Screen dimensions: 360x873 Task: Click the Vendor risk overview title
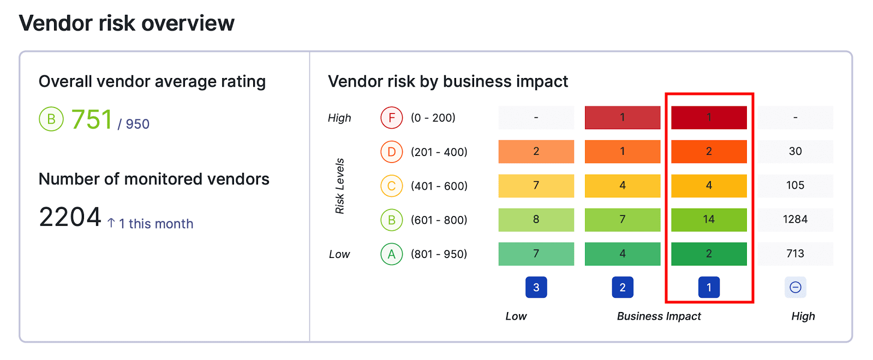tap(127, 23)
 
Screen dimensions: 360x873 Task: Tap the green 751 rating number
tap(92, 119)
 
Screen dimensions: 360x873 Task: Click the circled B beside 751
tap(51, 119)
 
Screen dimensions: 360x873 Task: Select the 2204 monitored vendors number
tap(70, 217)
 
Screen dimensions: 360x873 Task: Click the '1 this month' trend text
tap(156, 224)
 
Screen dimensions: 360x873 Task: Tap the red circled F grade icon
tap(391, 118)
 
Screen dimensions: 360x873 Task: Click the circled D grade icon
tap(391, 152)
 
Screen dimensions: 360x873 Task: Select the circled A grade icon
tap(391, 254)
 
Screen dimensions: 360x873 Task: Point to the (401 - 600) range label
tap(439, 186)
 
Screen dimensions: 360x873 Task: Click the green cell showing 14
tap(709, 219)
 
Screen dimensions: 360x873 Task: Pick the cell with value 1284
tap(795, 219)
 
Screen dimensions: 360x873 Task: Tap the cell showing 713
tap(795, 254)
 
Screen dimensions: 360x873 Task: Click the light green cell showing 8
tap(536, 219)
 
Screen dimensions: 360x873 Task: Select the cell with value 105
tap(795, 185)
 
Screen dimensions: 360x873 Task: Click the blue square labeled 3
tap(536, 287)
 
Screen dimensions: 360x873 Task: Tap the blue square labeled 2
tap(623, 287)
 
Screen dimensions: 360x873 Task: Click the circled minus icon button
tap(795, 287)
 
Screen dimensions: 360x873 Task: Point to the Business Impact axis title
tap(659, 316)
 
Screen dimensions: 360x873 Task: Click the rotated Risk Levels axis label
tap(340, 186)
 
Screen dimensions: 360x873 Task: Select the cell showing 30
tap(795, 151)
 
